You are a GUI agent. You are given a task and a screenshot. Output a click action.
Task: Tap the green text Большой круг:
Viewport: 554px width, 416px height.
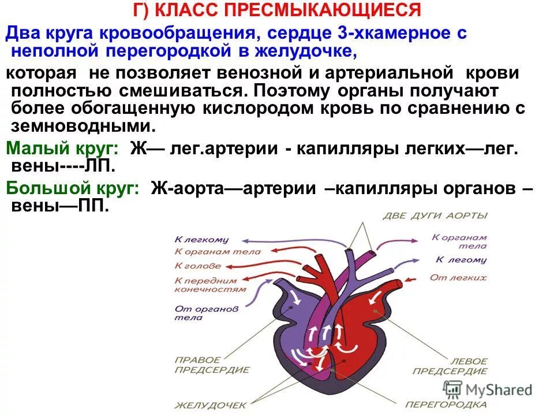(73, 189)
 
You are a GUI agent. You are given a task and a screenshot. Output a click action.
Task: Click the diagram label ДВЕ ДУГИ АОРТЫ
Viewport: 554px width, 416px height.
(435, 216)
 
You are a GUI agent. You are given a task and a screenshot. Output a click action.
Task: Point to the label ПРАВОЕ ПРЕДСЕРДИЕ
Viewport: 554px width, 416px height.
(197, 365)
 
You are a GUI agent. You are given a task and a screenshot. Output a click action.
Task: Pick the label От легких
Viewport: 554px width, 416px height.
(458, 278)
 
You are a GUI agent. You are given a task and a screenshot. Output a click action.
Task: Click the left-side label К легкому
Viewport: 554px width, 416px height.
(201, 239)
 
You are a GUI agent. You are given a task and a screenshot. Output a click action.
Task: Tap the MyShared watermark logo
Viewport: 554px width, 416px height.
(488, 389)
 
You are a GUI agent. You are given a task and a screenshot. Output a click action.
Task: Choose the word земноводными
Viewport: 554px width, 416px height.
(75, 127)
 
